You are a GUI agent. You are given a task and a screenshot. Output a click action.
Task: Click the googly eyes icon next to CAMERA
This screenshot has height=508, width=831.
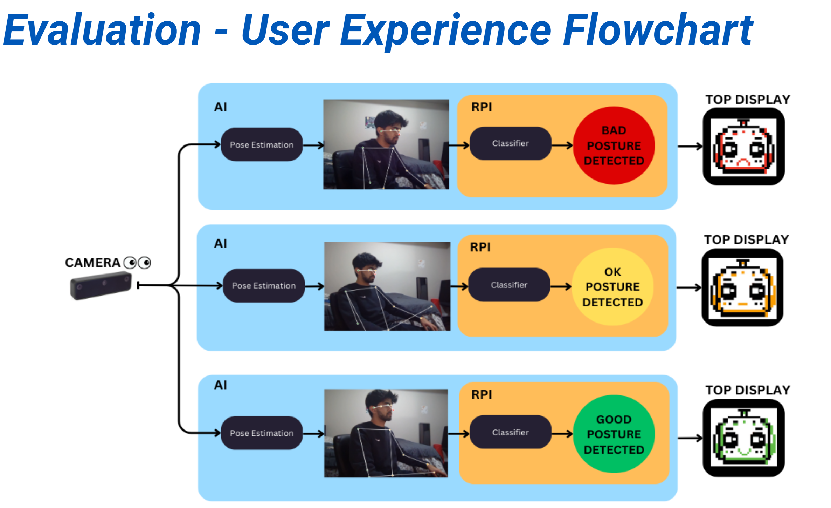(137, 263)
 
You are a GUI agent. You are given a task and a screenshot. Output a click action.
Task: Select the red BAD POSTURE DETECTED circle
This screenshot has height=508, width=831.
(614, 145)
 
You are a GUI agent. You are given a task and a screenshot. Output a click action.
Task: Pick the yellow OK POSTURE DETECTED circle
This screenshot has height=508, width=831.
(612, 287)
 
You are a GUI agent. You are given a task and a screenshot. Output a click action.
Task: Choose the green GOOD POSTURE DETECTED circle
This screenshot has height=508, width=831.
(614, 434)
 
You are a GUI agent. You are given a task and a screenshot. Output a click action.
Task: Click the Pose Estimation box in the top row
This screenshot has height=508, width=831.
(262, 144)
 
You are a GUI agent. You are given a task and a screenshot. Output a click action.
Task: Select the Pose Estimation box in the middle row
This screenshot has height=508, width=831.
(264, 285)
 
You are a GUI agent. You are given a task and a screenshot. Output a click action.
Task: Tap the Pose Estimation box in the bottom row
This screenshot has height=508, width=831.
(262, 433)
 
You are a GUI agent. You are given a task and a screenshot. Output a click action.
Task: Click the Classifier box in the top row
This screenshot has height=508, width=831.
(510, 143)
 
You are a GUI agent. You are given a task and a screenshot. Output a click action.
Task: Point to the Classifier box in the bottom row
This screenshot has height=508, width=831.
(510, 432)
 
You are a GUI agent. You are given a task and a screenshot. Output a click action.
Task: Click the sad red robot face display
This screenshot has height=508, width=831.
(743, 147)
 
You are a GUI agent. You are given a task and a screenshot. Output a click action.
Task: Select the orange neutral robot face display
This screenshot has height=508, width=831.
(742, 287)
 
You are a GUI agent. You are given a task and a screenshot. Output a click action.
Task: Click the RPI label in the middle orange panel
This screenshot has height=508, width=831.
(480, 247)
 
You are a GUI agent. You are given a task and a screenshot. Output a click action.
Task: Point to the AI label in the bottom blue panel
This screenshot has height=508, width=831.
(220, 385)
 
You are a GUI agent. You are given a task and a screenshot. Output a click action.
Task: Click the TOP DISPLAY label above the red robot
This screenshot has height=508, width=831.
(747, 100)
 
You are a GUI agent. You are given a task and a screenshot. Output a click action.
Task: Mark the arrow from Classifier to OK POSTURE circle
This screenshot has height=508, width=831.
(561, 287)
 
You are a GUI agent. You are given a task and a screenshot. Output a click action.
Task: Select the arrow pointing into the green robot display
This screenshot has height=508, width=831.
(690, 438)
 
